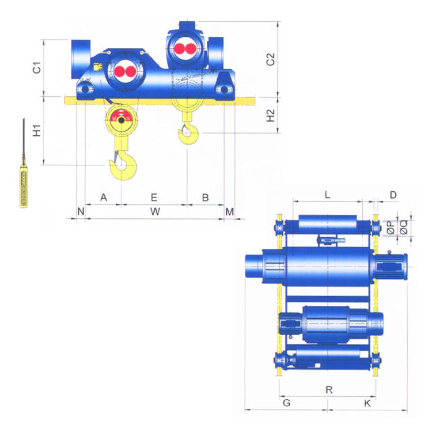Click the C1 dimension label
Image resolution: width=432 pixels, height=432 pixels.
(x=37, y=68)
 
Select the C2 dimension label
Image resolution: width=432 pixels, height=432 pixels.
(x=271, y=59)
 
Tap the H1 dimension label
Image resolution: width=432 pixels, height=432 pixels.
(x=37, y=131)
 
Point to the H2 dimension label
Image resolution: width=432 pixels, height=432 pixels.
(x=271, y=115)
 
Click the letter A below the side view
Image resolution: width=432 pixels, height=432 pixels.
(x=104, y=197)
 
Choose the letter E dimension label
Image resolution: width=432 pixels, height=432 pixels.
(x=154, y=197)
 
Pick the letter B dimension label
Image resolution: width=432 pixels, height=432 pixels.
(x=205, y=197)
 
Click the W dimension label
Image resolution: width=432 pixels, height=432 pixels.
(x=155, y=211)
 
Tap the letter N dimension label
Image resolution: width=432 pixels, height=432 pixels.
(x=81, y=211)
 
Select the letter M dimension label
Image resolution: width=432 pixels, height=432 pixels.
(x=229, y=211)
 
